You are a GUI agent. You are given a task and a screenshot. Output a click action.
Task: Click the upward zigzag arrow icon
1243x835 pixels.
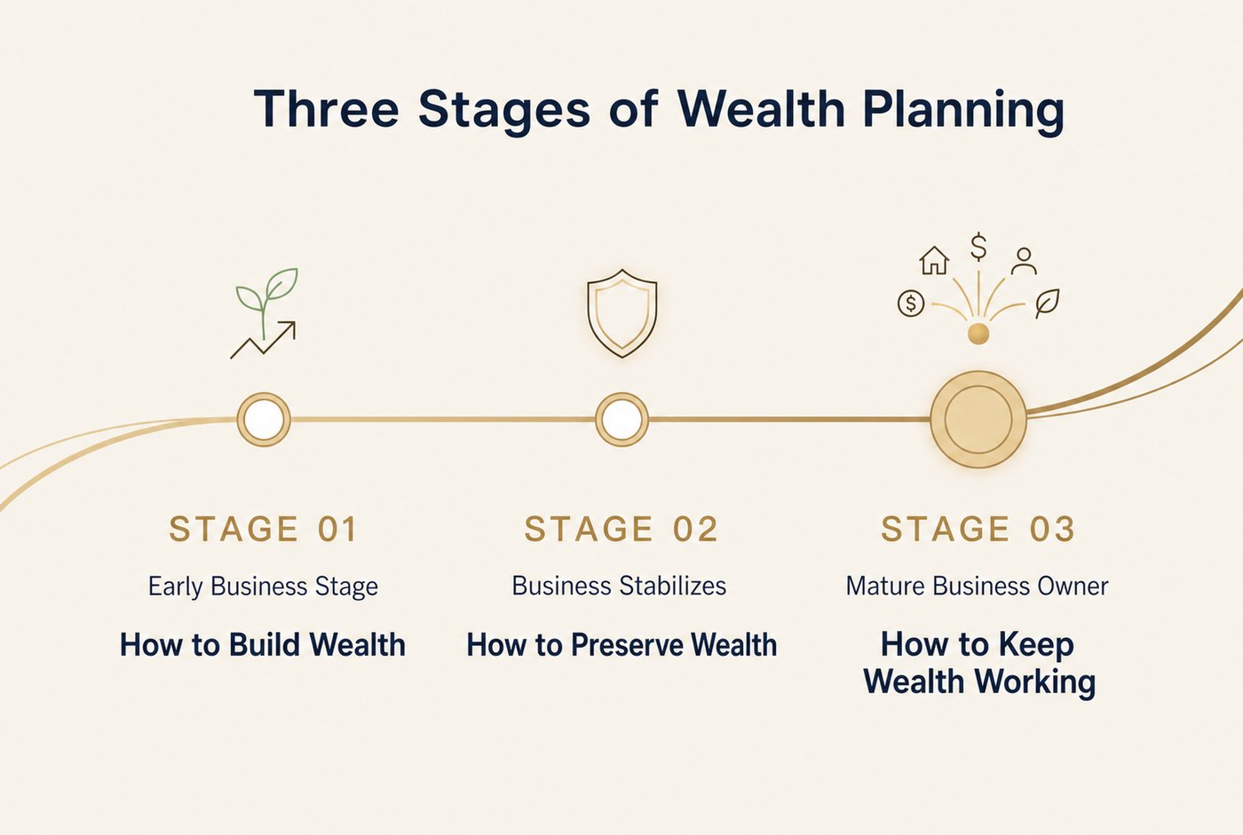pyautogui.click(x=263, y=339)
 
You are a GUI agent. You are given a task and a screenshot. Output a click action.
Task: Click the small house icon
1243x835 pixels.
pyautogui.click(x=934, y=261)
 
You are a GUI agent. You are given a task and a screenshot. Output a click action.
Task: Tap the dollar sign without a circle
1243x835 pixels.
pyautogui.click(x=978, y=248)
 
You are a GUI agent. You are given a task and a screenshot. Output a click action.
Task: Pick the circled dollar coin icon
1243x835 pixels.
pyautogui.click(x=911, y=303)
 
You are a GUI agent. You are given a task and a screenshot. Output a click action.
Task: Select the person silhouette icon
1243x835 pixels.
pyautogui.click(x=1024, y=261)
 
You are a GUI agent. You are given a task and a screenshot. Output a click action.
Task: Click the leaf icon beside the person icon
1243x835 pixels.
pyautogui.click(x=1047, y=303)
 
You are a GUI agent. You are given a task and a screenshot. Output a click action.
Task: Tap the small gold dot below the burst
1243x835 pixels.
pyautogui.click(x=978, y=334)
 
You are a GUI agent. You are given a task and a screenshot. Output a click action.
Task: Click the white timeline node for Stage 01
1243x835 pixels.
pyautogui.click(x=264, y=419)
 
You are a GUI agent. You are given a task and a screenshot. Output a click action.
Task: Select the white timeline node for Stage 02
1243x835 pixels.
pyautogui.click(x=621, y=419)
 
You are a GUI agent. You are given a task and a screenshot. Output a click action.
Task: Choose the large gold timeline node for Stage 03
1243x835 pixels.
pyautogui.click(x=978, y=419)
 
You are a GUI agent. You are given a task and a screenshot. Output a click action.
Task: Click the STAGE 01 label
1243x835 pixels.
pyautogui.click(x=263, y=528)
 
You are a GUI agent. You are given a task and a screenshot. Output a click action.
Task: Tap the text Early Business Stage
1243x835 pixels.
pyautogui.click(x=263, y=587)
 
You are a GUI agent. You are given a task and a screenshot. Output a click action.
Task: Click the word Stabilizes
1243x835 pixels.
pyautogui.click(x=673, y=586)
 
